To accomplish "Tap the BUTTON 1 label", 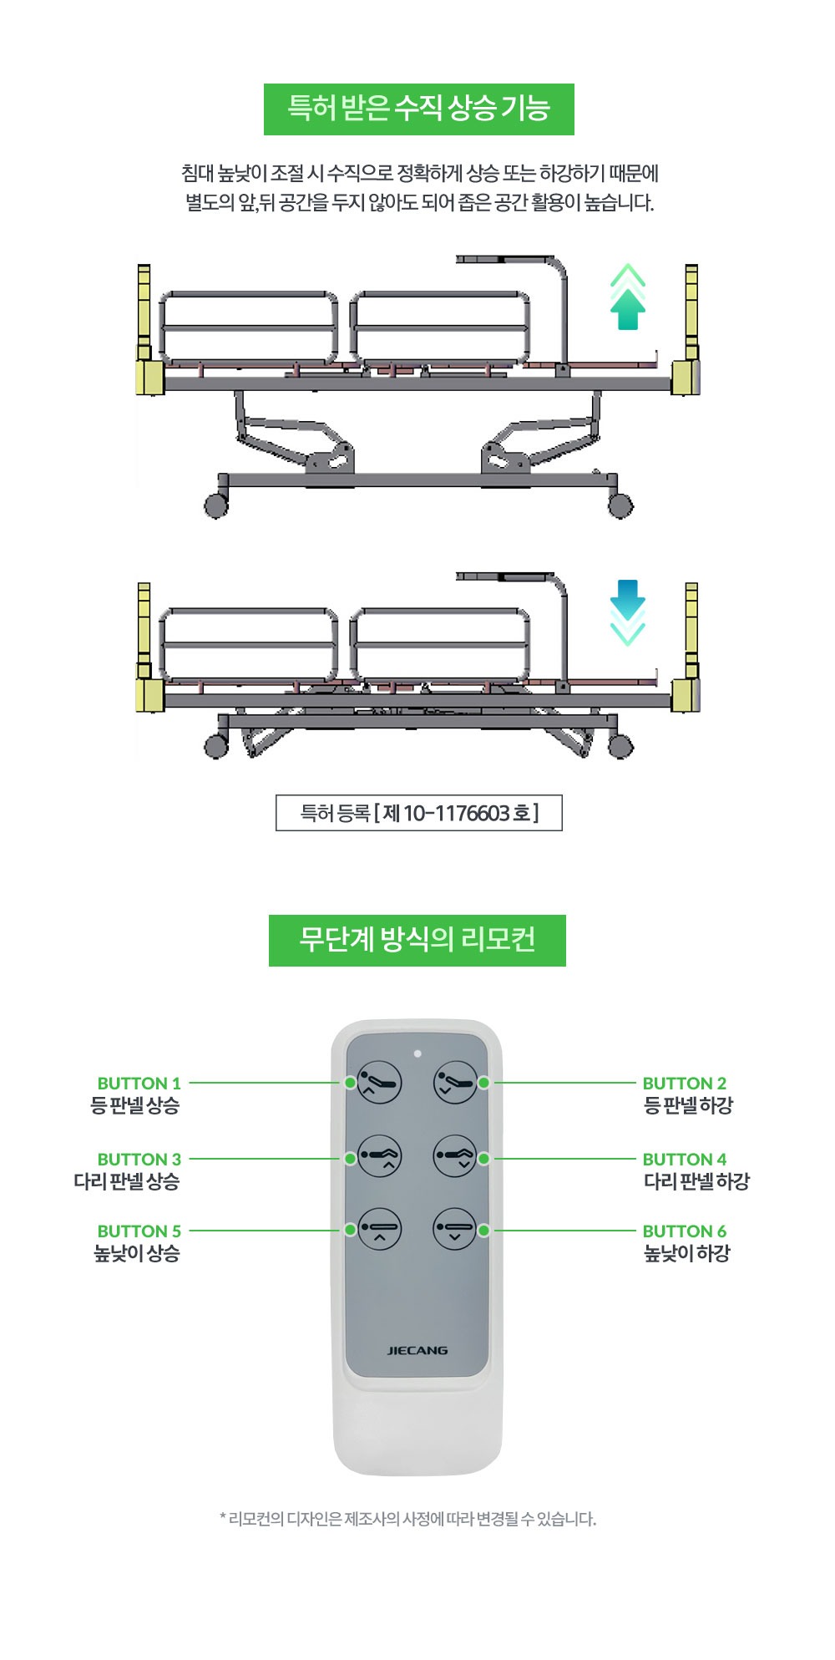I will [x=139, y=1084].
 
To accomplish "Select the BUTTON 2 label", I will [x=684, y=1084].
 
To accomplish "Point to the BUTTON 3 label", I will [x=139, y=1160].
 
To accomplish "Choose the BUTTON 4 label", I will [x=684, y=1160].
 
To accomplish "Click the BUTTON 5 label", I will [x=139, y=1231].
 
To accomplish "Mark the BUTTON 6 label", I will [x=684, y=1231].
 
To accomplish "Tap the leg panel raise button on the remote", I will [x=380, y=1158].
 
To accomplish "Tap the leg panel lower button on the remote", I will [x=455, y=1158].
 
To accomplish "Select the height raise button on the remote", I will [x=380, y=1230].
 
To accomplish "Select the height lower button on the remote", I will [x=455, y=1230].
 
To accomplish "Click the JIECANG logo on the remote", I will [x=417, y=1350].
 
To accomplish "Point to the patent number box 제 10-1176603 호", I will [x=418, y=814].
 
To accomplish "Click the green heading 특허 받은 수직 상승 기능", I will [x=418, y=109].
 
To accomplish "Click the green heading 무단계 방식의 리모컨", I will [x=417, y=941].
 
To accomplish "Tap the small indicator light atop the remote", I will [x=417, y=1053].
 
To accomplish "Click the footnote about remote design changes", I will [x=407, y=1519].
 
